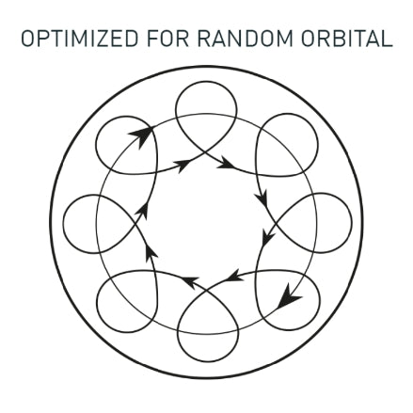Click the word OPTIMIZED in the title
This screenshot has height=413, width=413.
(80, 39)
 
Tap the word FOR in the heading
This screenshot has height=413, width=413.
(167, 39)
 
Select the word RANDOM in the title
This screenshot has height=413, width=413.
(245, 39)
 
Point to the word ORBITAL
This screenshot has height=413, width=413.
(347, 39)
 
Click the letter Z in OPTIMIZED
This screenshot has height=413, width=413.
(101, 39)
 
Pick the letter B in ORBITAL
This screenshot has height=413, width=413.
(338, 39)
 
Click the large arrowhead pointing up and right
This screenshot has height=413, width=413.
(142, 135)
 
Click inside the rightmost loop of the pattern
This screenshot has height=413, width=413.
(320, 223)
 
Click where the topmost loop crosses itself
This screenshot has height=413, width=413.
(205, 152)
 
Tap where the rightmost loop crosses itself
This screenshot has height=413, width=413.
(276, 223)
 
